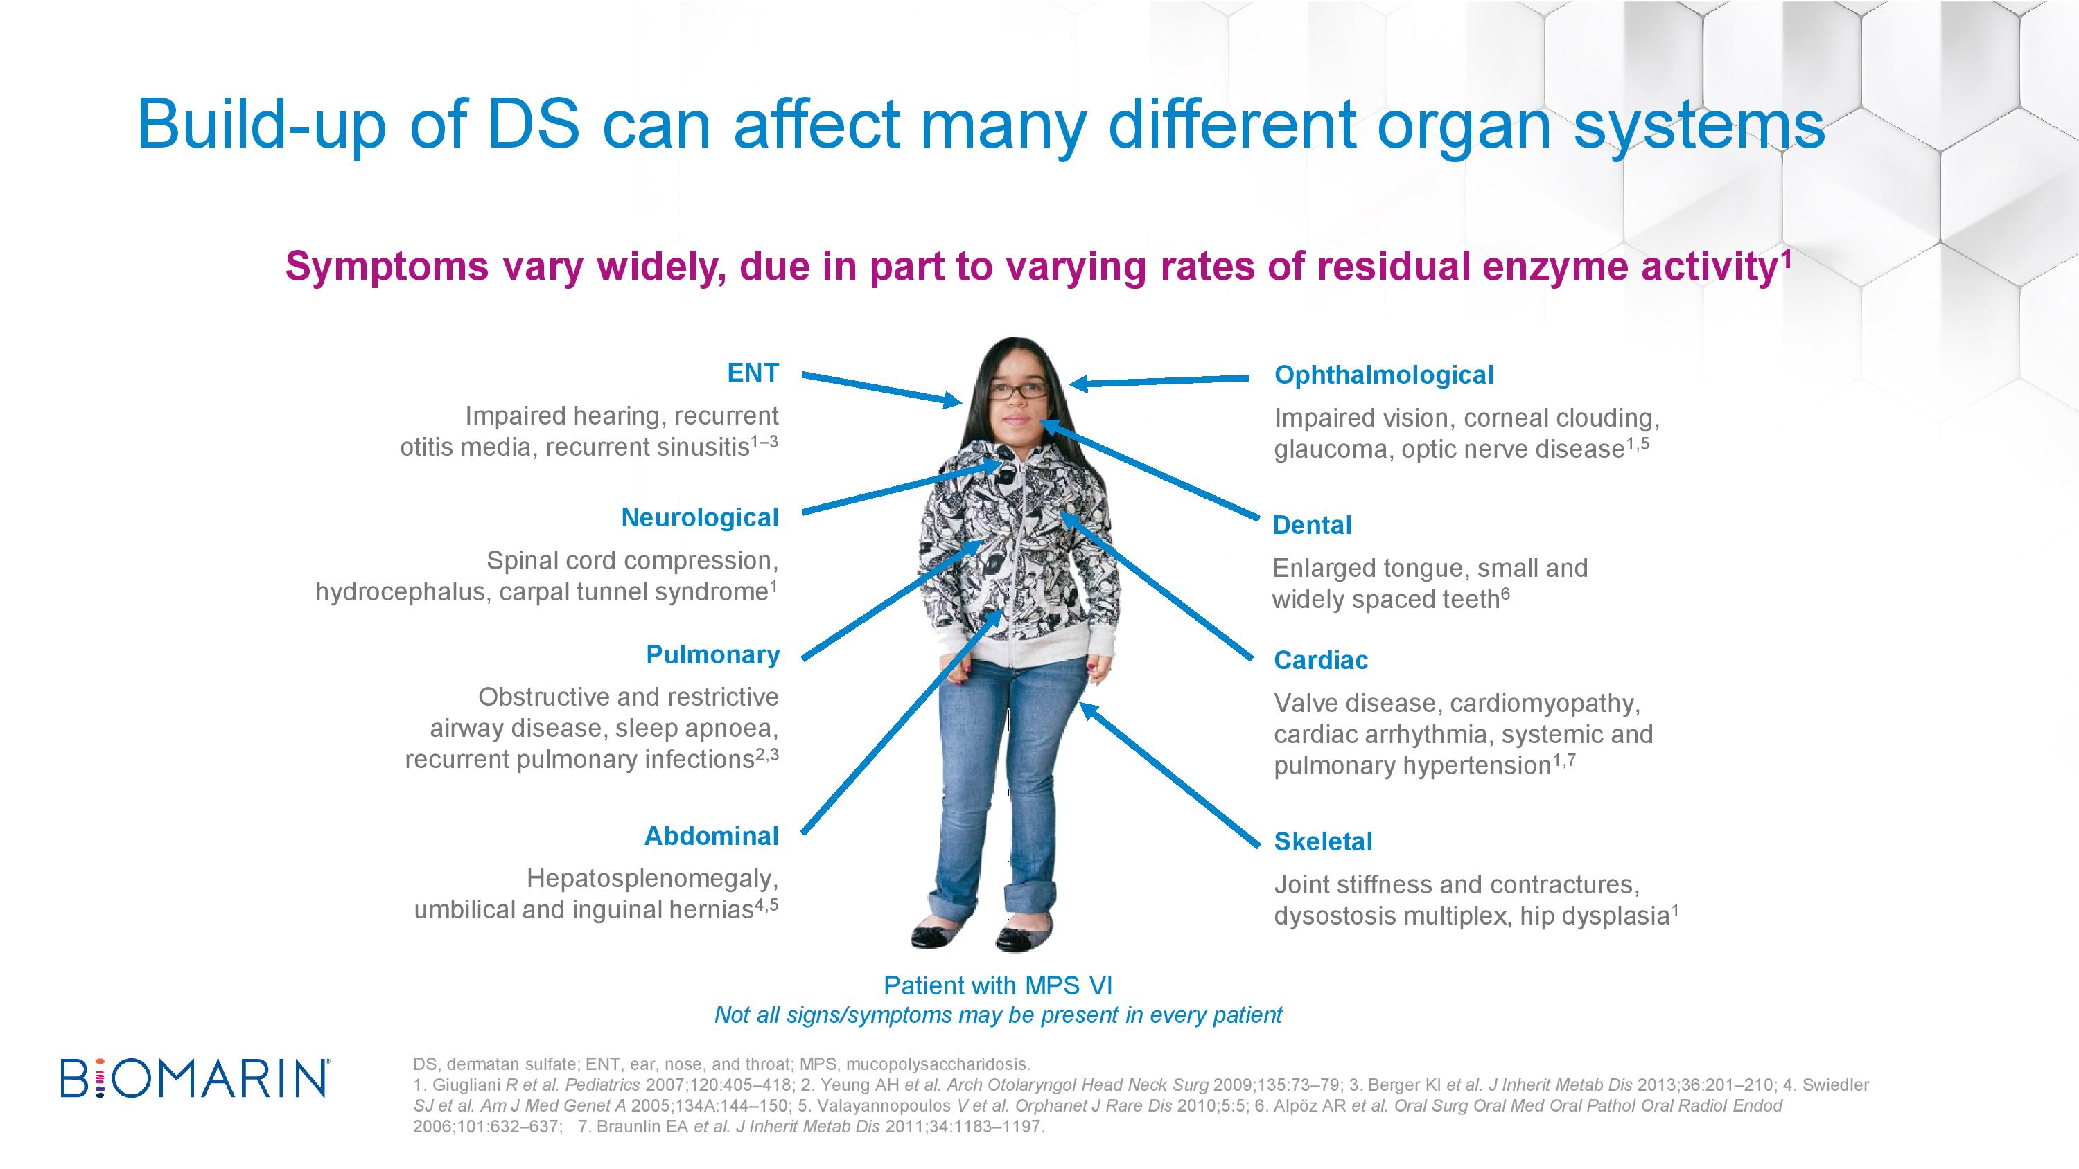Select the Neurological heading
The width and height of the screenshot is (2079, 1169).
click(700, 517)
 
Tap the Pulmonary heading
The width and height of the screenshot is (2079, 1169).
click(712, 654)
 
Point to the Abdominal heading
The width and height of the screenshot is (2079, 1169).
click(711, 836)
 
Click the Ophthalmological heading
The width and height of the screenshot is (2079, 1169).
click(1384, 375)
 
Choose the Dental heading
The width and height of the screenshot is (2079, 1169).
click(1311, 525)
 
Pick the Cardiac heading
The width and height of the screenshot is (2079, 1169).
click(1320, 660)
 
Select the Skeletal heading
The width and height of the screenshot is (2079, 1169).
click(1323, 841)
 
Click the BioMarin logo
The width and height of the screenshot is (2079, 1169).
click(195, 1077)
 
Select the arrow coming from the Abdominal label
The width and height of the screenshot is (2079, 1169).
click(903, 720)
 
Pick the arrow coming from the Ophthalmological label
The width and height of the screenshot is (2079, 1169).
click(1158, 380)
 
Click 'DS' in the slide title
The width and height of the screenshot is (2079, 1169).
click(534, 124)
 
